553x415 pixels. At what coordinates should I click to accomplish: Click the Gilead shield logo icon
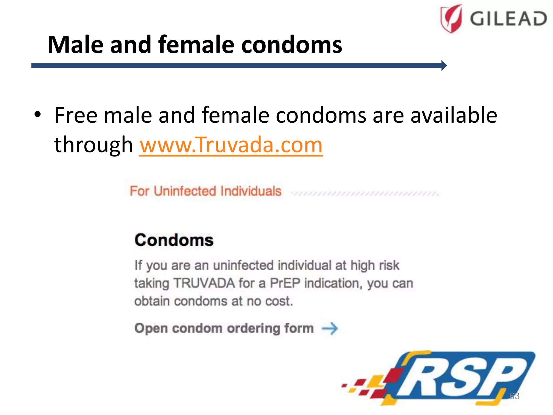coord(451,18)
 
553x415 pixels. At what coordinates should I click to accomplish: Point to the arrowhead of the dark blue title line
coord(444,65)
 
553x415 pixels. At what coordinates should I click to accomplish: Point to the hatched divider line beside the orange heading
coord(365,193)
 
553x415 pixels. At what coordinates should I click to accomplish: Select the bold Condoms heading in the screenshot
coord(174,240)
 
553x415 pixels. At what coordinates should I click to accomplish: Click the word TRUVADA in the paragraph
coord(204,283)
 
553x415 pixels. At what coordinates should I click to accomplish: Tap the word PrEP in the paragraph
coord(285,283)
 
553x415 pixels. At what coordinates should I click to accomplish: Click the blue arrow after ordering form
coord(330,329)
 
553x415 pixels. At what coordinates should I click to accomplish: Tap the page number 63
coord(514,396)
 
